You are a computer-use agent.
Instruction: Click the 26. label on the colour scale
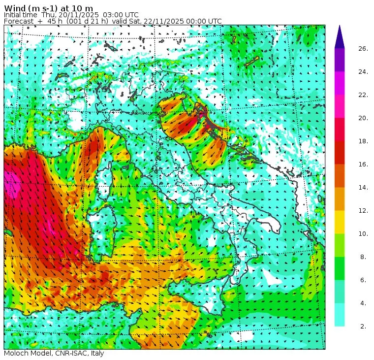tap(363, 48)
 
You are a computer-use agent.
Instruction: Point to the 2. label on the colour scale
tap(363, 326)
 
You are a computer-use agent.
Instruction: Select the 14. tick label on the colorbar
tap(363, 187)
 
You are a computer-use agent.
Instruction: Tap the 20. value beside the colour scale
tap(363, 118)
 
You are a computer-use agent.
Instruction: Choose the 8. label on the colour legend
tap(363, 257)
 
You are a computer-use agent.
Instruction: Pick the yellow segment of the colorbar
tap(340, 222)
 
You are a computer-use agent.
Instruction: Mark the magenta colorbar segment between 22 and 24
tap(340, 83)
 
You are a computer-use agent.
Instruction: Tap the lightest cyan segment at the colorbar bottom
tap(340, 315)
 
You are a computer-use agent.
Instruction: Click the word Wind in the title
tap(15, 7)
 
